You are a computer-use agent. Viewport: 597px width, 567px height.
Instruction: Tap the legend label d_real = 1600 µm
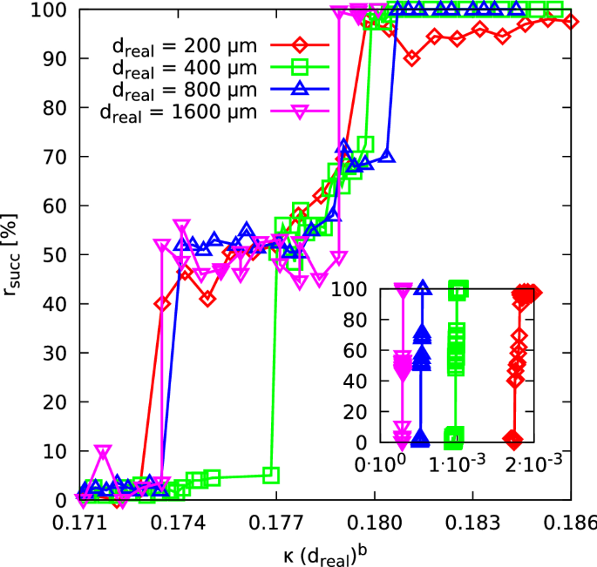(x=174, y=111)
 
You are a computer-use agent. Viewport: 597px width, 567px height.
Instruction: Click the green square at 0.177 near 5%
(x=271, y=476)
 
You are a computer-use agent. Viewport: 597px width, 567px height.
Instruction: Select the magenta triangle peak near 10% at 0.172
(x=104, y=452)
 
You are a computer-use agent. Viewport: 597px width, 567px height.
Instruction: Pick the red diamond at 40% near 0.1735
(x=162, y=304)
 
